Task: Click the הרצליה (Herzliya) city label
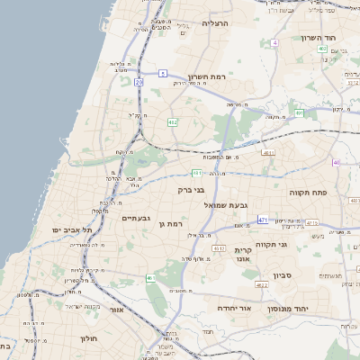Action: [216, 22]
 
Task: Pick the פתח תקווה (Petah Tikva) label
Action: [304, 193]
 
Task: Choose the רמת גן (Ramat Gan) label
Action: [170, 222]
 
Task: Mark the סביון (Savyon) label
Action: [272, 274]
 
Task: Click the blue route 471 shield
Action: [263, 219]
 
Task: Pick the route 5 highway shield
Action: [162, 72]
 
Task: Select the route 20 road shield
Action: [139, 82]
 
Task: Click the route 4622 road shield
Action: [262, 284]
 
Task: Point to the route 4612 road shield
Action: [219, 246]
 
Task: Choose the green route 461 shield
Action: [150, 278]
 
